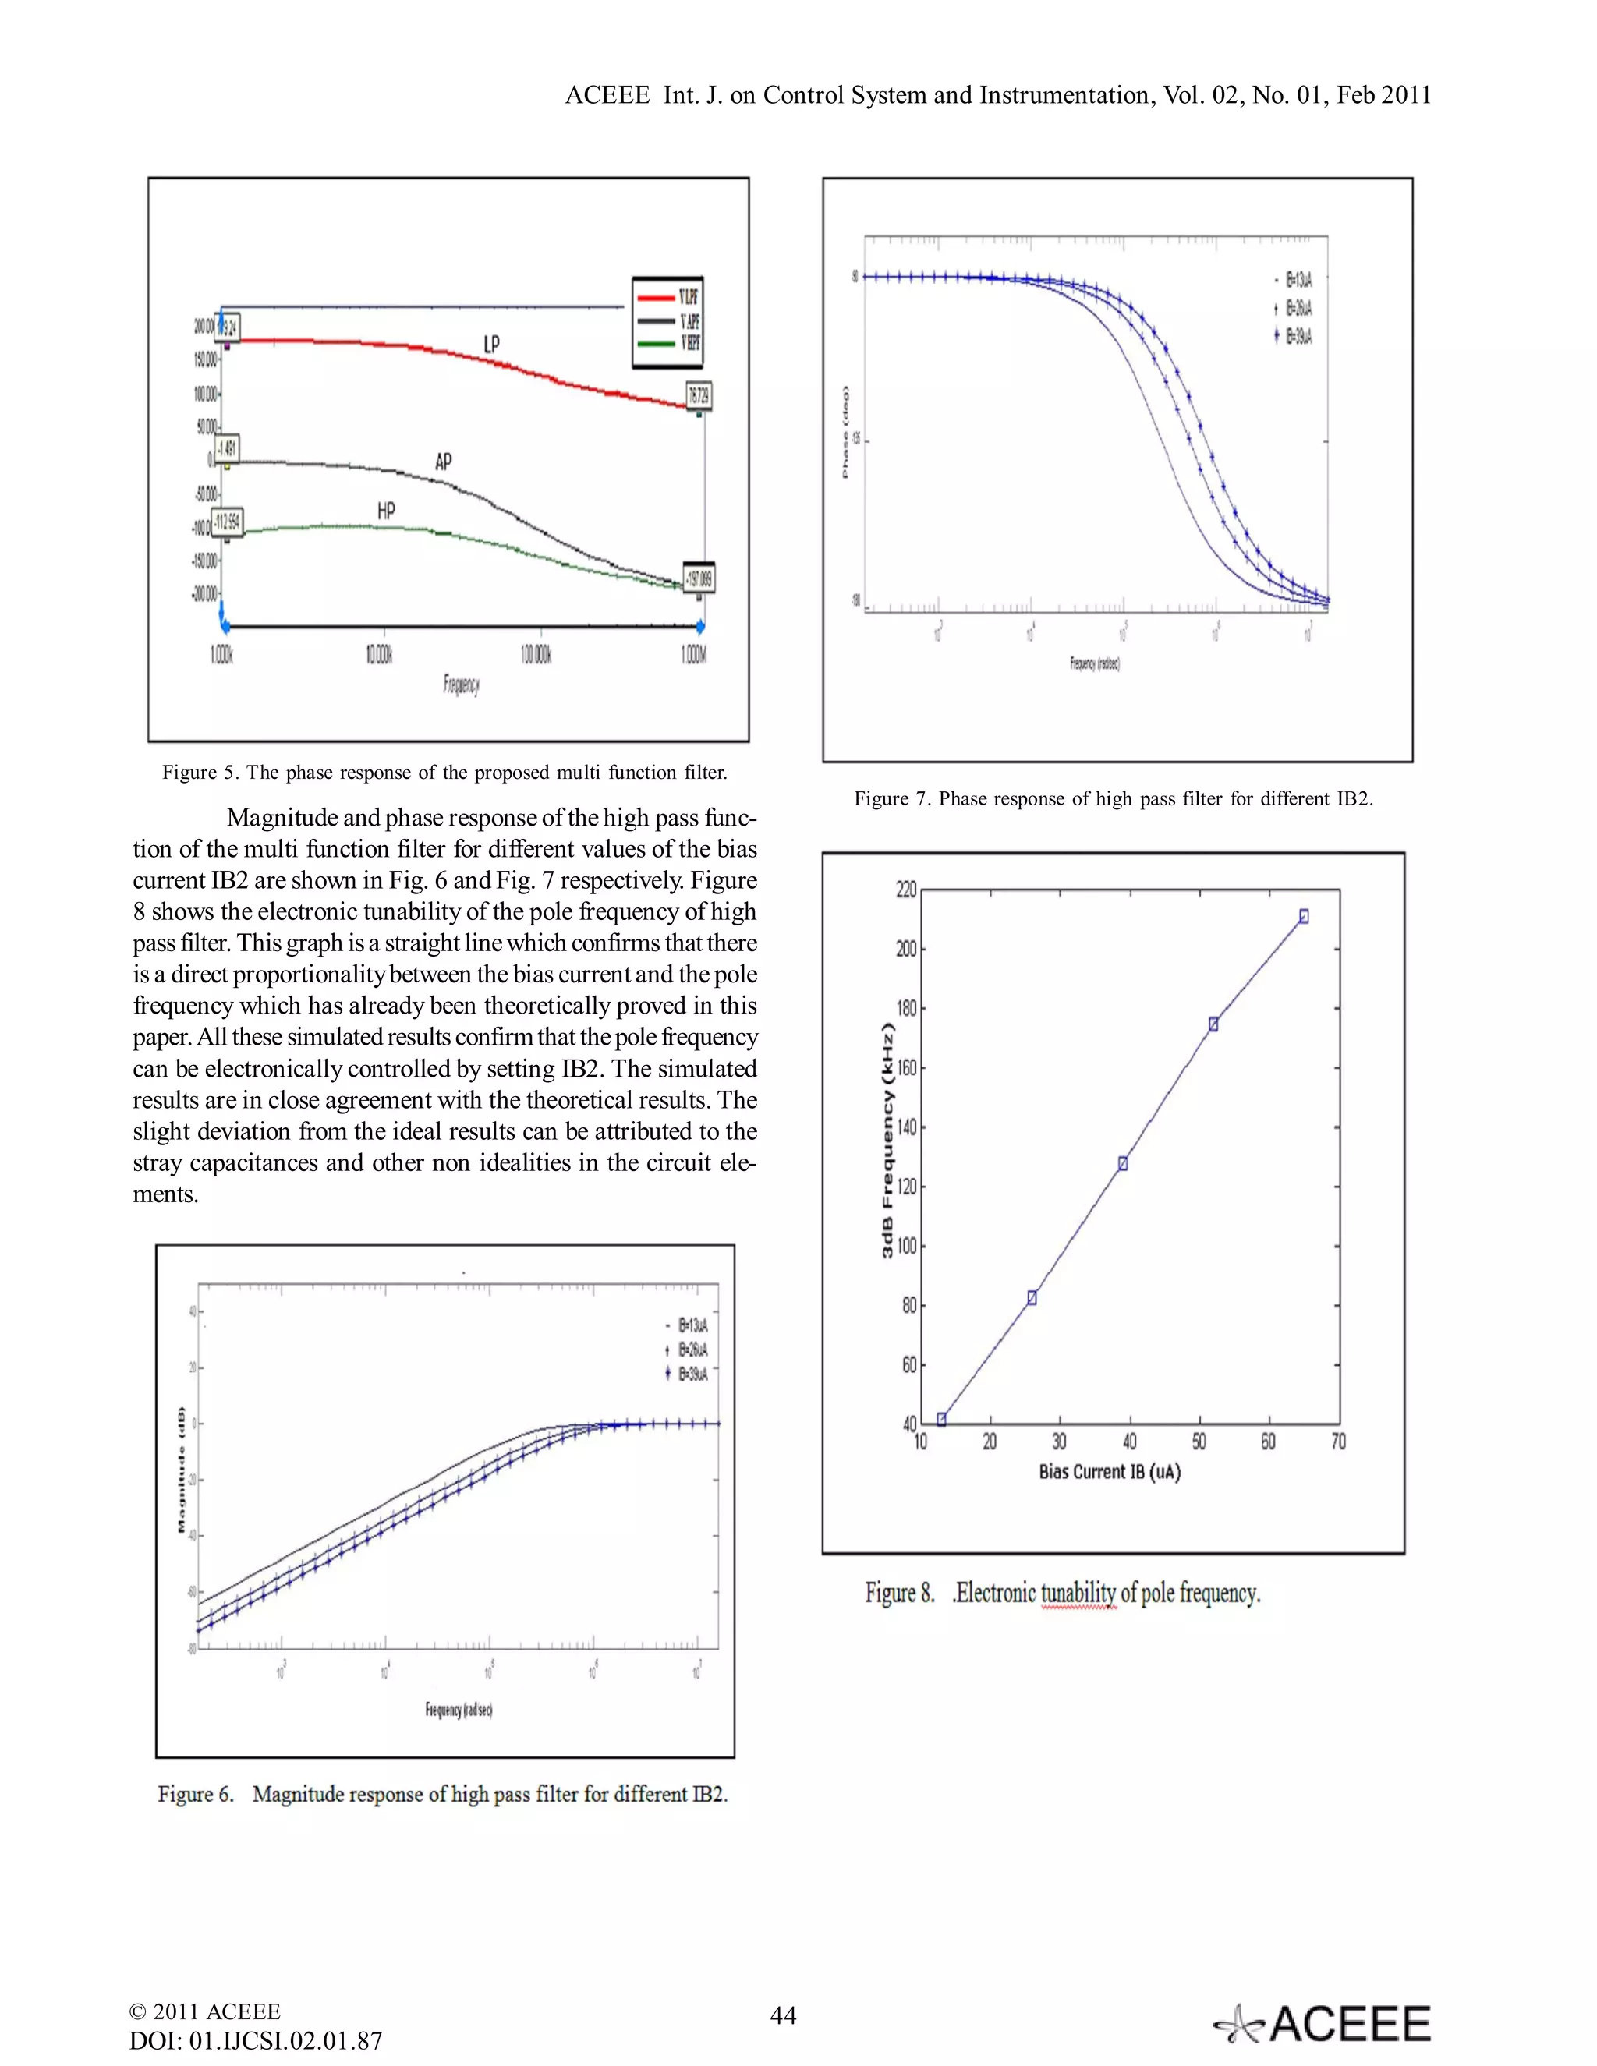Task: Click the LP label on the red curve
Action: pyautogui.click(x=491, y=345)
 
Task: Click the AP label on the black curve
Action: pyautogui.click(x=443, y=462)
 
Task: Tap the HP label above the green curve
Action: pyautogui.click(x=386, y=511)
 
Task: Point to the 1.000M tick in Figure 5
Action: pyautogui.click(x=693, y=655)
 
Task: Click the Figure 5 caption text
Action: pyautogui.click(x=444, y=772)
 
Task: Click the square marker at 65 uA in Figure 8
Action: pyautogui.click(x=1304, y=916)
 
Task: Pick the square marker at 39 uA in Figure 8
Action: pyautogui.click(x=1123, y=1163)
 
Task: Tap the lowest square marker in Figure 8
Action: pyautogui.click(x=941, y=1419)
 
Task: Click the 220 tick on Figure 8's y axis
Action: pyautogui.click(x=905, y=890)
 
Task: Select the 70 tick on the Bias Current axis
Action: pyautogui.click(x=1338, y=1442)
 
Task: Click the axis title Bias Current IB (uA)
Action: pyautogui.click(x=1109, y=1472)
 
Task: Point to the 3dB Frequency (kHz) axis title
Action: pyautogui.click(x=887, y=1141)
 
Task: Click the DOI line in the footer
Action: pyautogui.click(x=256, y=2040)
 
